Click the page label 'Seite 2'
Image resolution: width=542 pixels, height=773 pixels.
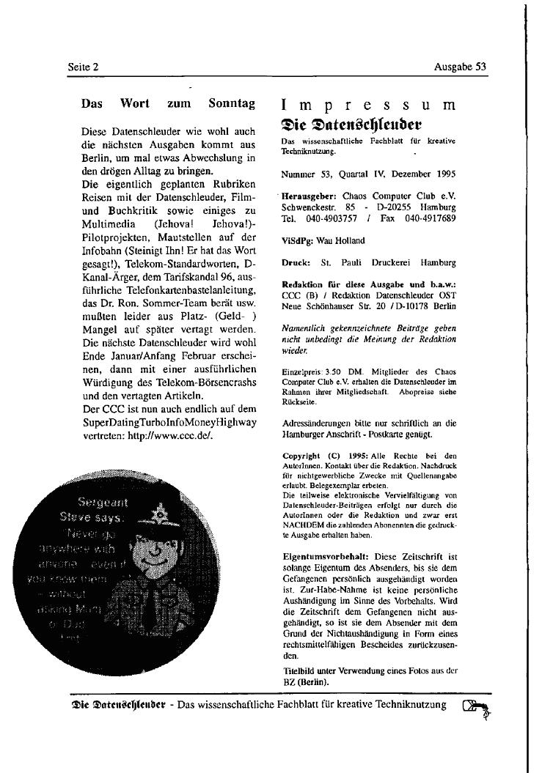83,67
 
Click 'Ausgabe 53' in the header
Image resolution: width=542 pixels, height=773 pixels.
460,67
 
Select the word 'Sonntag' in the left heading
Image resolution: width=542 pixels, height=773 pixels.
232,104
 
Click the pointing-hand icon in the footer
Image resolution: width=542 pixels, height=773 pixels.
477,708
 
